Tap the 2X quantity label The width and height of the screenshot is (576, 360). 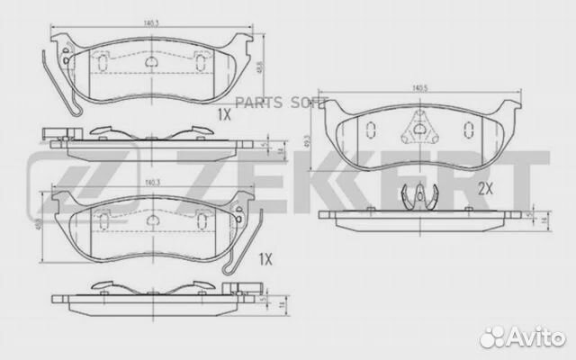(487, 188)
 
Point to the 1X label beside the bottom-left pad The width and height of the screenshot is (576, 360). (265, 259)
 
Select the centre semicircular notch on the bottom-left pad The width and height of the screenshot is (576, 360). (150, 218)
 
